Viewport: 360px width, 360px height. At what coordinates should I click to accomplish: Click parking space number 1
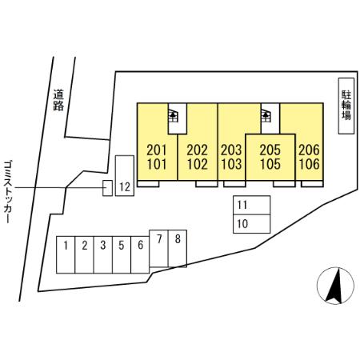66,254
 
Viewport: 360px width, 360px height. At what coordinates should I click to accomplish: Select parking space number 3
103,254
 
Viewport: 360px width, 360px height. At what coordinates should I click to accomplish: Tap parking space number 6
140,254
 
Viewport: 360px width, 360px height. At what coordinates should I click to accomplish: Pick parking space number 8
178,248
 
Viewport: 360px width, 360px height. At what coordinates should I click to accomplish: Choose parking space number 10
252,224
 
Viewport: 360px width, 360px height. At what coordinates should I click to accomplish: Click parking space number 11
252,205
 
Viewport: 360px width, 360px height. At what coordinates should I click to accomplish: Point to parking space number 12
125,176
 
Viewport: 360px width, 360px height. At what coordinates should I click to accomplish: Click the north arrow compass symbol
335,286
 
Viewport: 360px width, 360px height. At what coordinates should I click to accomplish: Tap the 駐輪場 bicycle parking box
346,106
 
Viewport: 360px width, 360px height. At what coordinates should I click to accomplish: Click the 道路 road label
58,100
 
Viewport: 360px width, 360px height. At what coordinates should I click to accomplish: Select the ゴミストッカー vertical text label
7,192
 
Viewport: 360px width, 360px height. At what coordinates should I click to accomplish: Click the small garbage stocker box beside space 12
107,188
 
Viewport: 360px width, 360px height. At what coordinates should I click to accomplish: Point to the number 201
157,150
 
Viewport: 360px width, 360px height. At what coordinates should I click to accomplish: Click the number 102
198,164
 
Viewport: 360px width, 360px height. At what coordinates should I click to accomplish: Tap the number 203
231,150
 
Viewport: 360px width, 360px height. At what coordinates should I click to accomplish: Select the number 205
270,150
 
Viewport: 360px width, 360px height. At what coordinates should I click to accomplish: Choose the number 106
309,164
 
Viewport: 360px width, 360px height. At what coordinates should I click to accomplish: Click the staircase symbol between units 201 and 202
174,116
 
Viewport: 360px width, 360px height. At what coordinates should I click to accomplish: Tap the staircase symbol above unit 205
266,116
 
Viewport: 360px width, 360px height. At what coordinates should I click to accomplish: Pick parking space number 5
122,254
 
